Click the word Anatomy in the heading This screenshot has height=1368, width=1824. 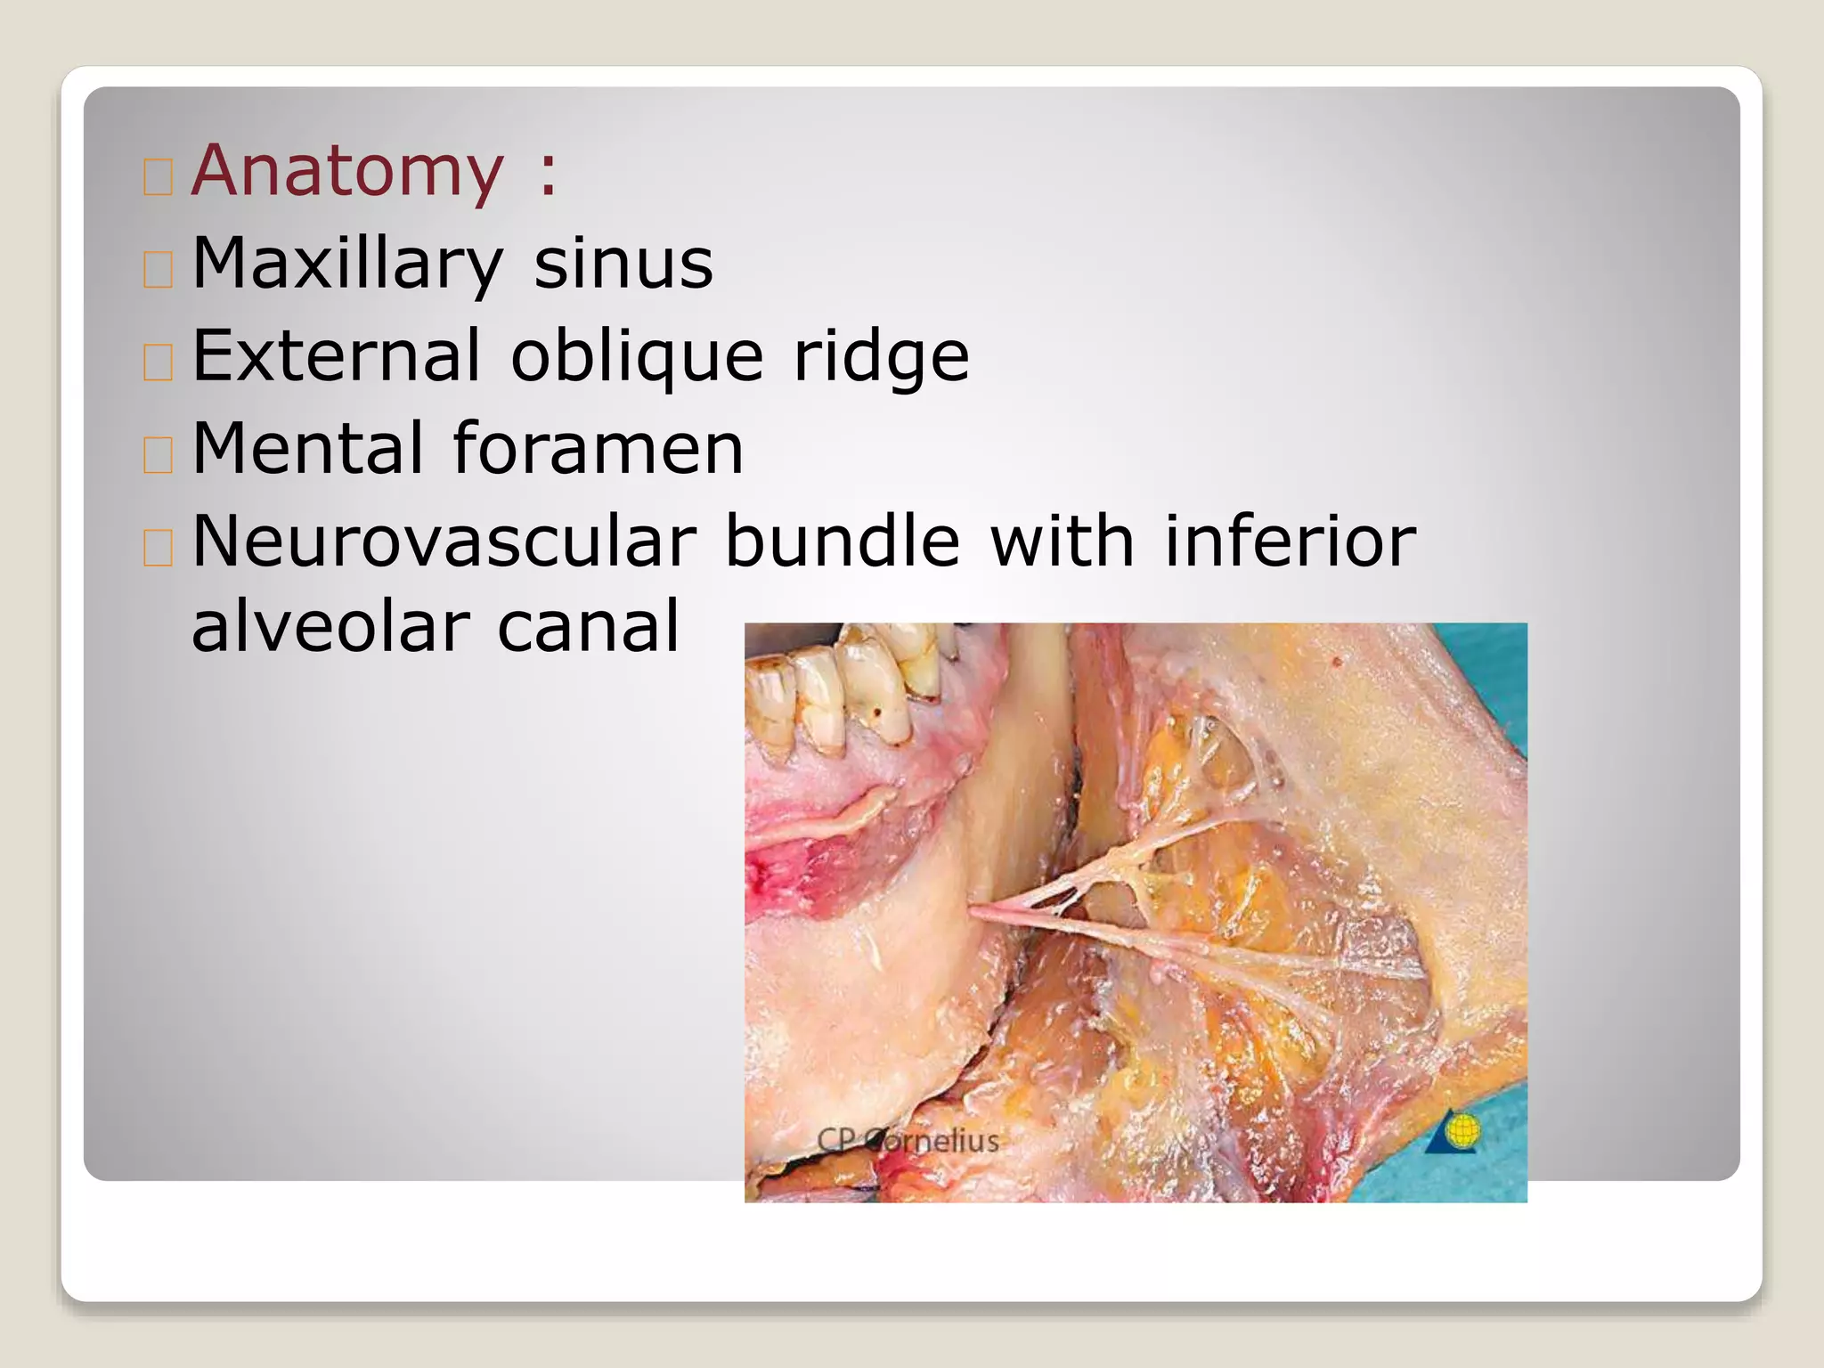(x=347, y=171)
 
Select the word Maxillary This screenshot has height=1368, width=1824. (x=347, y=264)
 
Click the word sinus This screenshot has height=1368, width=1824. (x=623, y=264)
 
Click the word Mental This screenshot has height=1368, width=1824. (x=307, y=449)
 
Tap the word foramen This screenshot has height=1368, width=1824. (x=598, y=449)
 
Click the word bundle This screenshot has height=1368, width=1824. (x=842, y=541)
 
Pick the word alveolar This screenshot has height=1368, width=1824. (x=330, y=626)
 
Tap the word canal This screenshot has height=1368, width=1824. (x=588, y=626)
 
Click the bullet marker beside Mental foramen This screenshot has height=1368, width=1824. (x=158, y=454)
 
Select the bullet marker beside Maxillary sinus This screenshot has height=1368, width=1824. (x=158, y=269)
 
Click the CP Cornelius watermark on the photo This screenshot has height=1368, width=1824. (x=908, y=1141)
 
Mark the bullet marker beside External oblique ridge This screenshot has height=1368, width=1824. (x=158, y=362)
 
